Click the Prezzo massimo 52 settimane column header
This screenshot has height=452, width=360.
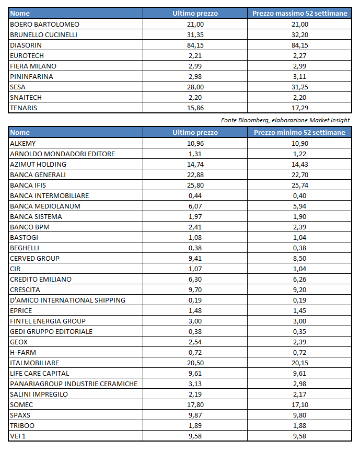click(x=299, y=14)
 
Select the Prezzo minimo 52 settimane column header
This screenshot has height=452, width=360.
click(x=299, y=133)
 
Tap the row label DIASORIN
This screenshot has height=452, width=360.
click(x=25, y=45)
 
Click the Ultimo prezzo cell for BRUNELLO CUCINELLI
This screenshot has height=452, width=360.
click(x=195, y=34)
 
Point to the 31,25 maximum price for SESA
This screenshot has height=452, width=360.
click(x=299, y=87)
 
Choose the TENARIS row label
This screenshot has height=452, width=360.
click(x=24, y=108)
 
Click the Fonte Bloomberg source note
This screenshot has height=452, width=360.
click(x=285, y=120)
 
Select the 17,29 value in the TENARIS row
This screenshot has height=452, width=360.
click(x=299, y=108)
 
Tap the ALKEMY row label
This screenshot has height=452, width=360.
click(x=23, y=143)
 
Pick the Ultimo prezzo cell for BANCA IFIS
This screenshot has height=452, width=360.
click(x=195, y=185)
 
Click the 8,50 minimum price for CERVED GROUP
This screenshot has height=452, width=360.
click(x=299, y=258)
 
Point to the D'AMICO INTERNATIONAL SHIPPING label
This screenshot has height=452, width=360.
click(x=67, y=300)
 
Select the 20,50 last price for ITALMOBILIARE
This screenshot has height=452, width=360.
click(x=195, y=363)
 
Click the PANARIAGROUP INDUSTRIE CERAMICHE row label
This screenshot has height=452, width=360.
click(x=74, y=384)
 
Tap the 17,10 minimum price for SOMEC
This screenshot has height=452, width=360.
click(x=299, y=404)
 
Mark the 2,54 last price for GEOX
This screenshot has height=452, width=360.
click(x=195, y=342)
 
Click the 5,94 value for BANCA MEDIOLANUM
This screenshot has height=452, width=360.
click(x=299, y=206)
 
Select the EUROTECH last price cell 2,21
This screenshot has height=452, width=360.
click(x=195, y=55)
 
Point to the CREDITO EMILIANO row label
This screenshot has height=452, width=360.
click(x=41, y=279)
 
